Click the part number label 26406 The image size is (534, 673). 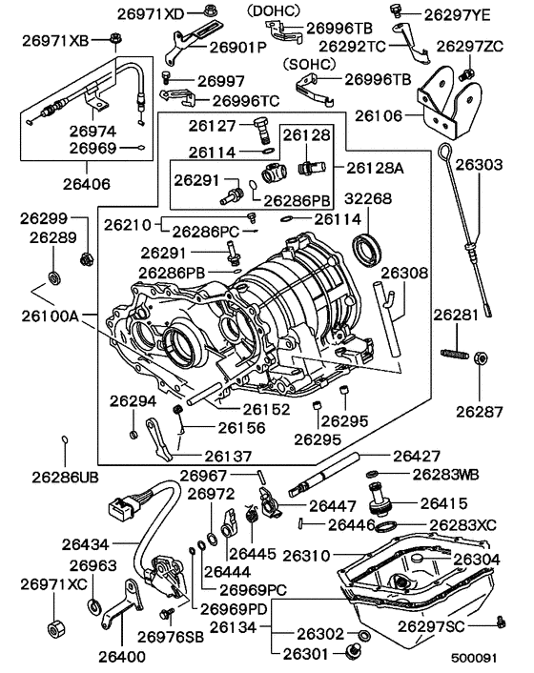85,183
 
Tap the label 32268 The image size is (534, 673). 373,200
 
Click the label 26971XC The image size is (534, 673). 53,583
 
